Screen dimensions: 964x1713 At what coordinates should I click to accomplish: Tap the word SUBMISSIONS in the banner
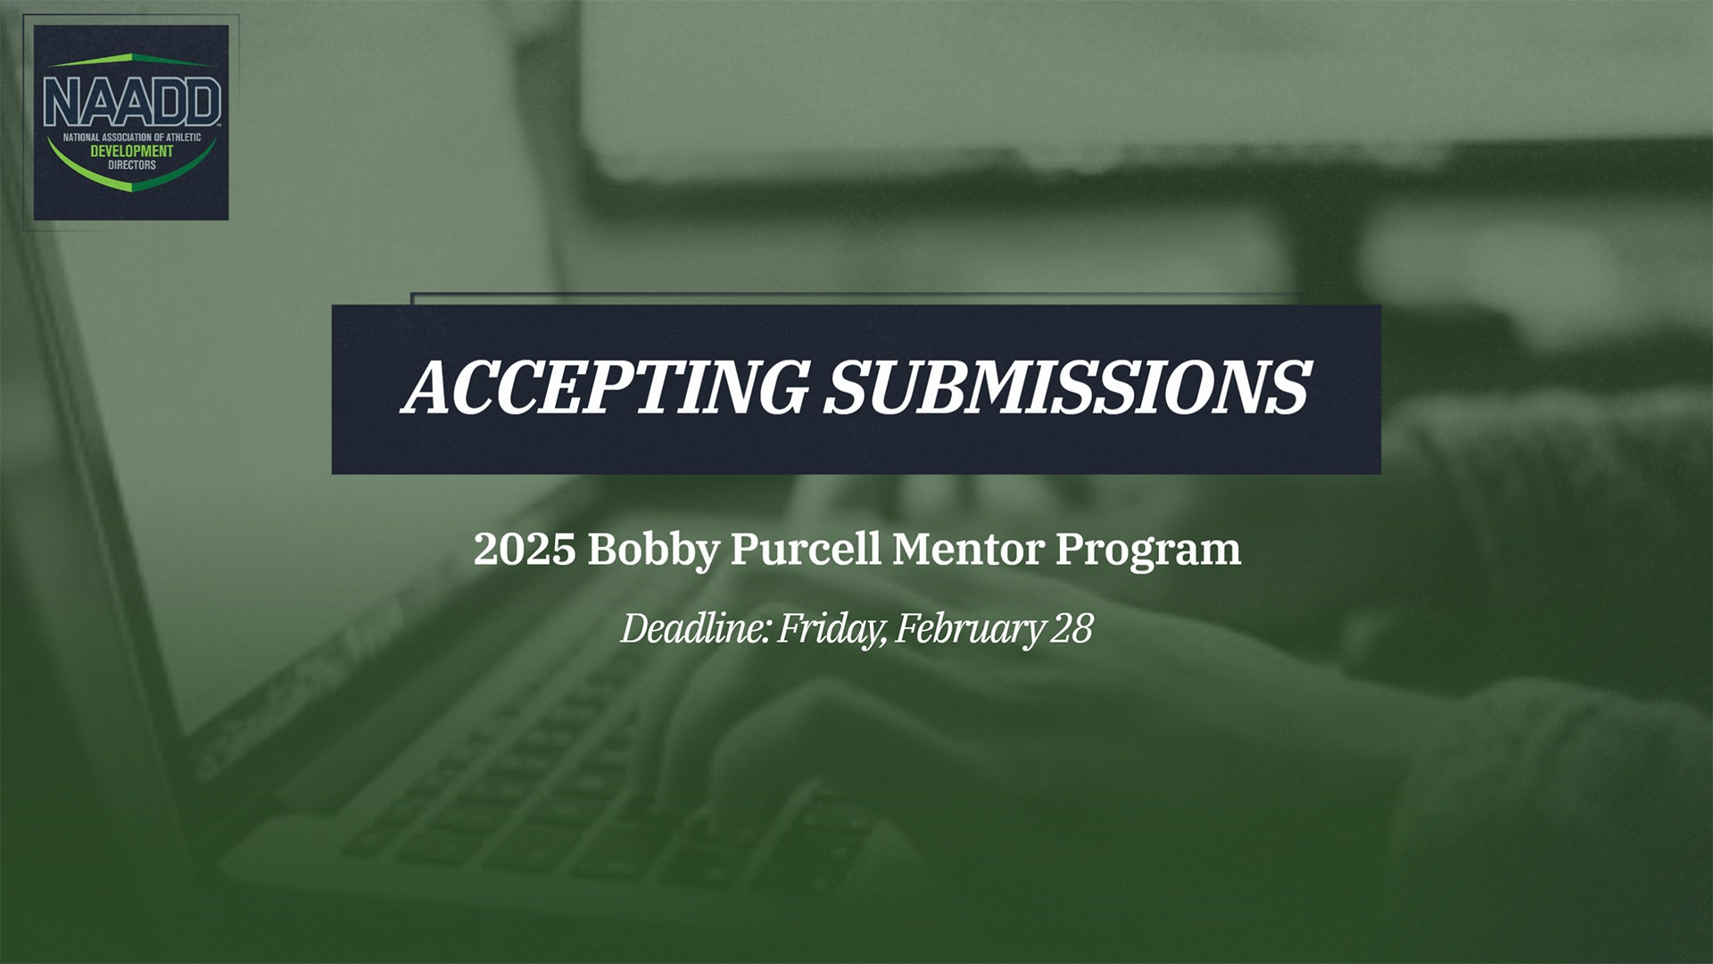coord(1066,387)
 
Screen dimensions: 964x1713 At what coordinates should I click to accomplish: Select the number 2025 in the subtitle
coord(524,549)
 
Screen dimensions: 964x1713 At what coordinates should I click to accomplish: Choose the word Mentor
coord(968,549)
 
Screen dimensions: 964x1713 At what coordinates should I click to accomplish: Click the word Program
coord(1148,551)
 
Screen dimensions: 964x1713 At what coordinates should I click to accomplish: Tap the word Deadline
coord(694,628)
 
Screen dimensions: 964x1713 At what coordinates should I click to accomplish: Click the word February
coord(969,629)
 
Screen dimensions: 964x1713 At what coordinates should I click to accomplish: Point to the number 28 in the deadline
coord(1072,628)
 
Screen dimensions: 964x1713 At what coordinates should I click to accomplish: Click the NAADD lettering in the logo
coord(131,102)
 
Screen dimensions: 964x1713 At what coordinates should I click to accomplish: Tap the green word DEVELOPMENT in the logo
coord(131,152)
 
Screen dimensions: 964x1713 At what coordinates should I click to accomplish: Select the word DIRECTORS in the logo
coord(131,165)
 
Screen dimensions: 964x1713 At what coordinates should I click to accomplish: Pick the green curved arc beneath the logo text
coord(131,182)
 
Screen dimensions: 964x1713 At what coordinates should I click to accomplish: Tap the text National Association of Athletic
coord(131,138)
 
